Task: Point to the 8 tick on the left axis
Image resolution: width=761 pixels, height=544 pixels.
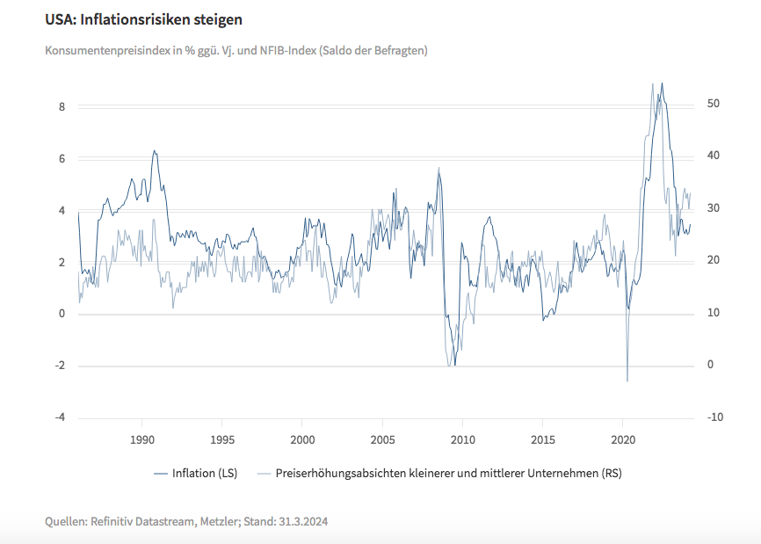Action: point(62,106)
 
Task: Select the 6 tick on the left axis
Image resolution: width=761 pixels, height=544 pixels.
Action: point(62,158)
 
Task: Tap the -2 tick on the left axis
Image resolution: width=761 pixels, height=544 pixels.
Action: point(59,366)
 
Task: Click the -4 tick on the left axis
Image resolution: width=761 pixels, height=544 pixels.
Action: point(59,417)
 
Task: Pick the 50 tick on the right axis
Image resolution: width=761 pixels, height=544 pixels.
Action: point(714,104)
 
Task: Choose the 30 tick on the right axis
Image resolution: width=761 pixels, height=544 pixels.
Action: point(714,208)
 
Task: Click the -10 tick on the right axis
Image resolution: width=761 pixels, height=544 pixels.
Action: point(714,417)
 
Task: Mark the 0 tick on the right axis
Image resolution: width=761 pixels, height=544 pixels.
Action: point(710,366)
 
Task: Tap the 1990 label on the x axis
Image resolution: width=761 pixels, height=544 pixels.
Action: point(142,439)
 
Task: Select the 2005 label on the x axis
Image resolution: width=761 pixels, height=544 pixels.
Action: point(382,439)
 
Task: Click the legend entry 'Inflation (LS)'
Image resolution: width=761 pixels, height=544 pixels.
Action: point(195,473)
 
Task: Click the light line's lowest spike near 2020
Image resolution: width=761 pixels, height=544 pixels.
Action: point(627,381)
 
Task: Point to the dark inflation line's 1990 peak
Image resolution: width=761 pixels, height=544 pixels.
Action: point(155,150)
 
